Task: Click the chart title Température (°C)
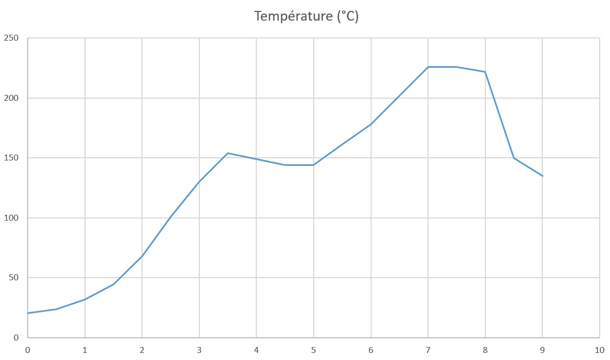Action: coord(307,16)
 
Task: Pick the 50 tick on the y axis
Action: coord(13,278)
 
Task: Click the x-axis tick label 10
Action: coord(599,350)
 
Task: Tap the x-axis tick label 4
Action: coord(256,350)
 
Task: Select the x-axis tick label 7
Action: coord(428,350)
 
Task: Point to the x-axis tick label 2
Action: coord(142,350)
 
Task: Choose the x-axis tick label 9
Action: coord(542,350)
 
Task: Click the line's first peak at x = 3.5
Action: coord(228,153)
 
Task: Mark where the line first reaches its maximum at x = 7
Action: coord(428,67)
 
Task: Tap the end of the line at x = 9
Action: coord(542,176)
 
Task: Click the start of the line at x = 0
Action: coord(28,313)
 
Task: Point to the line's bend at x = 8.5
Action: coord(514,158)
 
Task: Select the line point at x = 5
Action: coord(314,165)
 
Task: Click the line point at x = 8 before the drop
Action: coord(485,72)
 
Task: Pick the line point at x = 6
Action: coord(371,124)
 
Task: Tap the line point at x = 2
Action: coord(142,256)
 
